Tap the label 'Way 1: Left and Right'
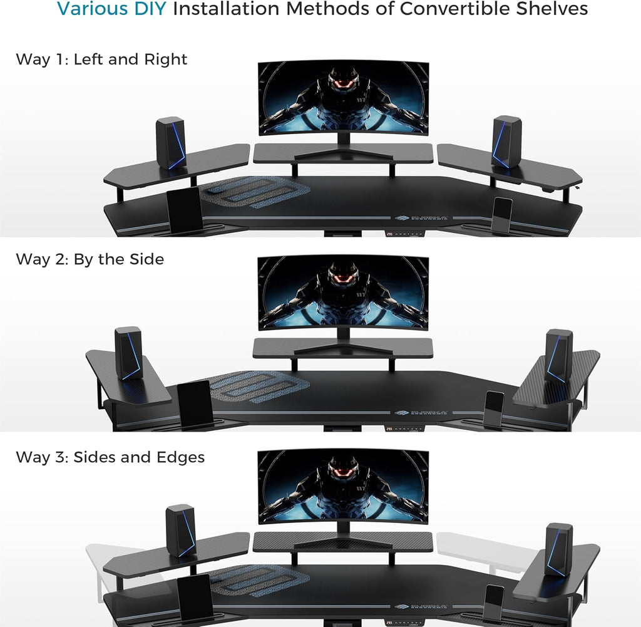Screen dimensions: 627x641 pyautogui.click(x=101, y=60)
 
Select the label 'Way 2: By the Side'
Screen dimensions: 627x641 pyautogui.click(x=90, y=259)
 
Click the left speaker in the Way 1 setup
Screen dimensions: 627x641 pyautogui.click(x=170, y=143)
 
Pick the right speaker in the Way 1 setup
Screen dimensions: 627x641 pyautogui.click(x=506, y=142)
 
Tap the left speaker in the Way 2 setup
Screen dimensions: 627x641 pyautogui.click(x=128, y=353)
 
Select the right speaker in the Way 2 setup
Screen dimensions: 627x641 pyautogui.click(x=558, y=355)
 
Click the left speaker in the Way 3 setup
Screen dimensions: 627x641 pyautogui.click(x=180, y=531)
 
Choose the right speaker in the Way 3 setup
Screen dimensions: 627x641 pyautogui.click(x=558, y=549)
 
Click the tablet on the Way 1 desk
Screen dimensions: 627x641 pyautogui.click(x=185, y=210)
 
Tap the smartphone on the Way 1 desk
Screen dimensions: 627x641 pyautogui.click(x=502, y=215)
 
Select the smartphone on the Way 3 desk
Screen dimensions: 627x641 pyautogui.click(x=494, y=603)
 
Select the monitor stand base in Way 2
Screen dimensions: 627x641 pyautogui.click(x=342, y=350)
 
